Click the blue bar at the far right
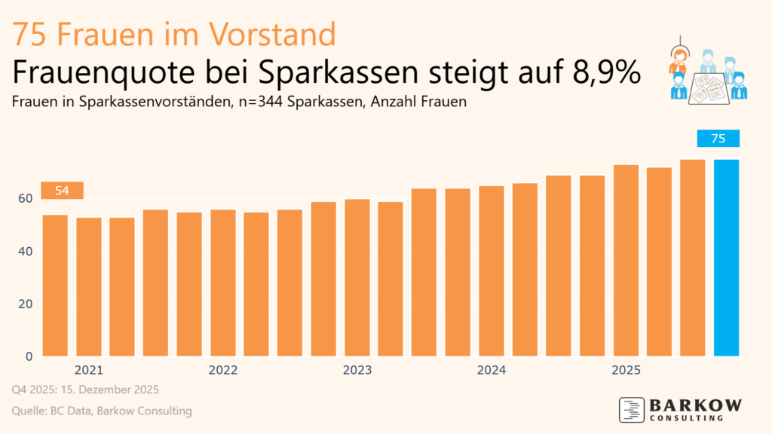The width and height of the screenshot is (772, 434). tap(727, 258)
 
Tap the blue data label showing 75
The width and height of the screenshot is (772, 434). tap(718, 139)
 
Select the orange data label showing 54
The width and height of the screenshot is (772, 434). tap(62, 191)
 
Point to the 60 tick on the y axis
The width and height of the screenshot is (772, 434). tap(26, 198)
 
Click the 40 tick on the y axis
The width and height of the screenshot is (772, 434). tap(26, 251)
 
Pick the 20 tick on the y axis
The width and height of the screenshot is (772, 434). tap(26, 304)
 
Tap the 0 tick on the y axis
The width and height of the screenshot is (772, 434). tap(29, 356)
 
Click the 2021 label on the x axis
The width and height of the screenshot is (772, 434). tap(89, 371)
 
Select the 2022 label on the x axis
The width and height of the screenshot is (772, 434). tap(223, 371)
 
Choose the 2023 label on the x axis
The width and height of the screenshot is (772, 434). tap(357, 371)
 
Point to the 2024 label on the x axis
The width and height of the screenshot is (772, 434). tap(492, 371)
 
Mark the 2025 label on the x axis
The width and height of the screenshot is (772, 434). tap(626, 371)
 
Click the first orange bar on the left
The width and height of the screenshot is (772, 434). tap(55, 286)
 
